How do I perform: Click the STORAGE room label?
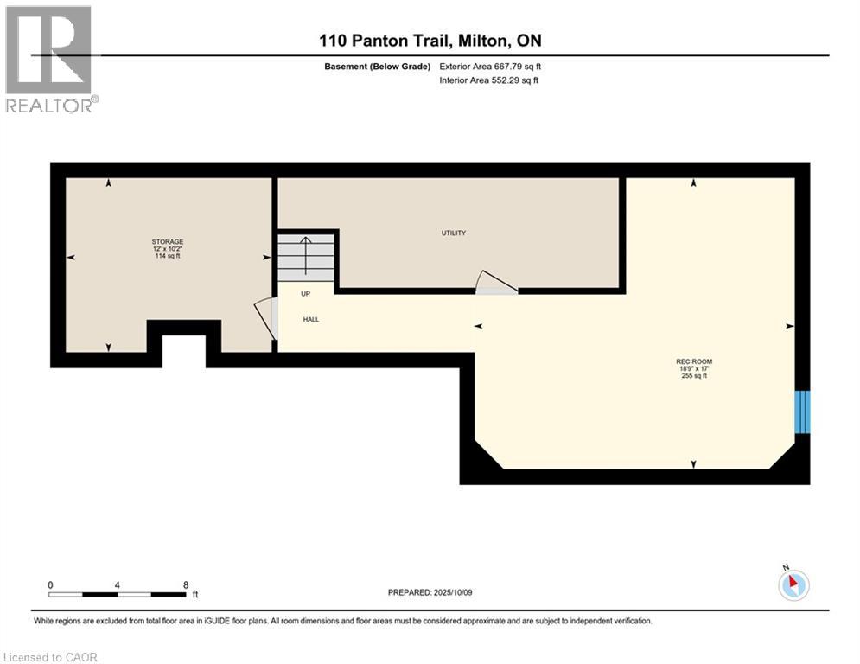point(168,241)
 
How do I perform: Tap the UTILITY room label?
point(454,233)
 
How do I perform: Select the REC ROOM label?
point(694,361)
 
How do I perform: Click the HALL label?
point(311,319)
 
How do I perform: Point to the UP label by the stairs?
point(305,293)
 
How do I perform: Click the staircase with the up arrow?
point(305,257)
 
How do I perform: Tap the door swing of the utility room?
point(495,283)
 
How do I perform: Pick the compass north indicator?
point(793,584)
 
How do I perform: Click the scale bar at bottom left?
point(118,595)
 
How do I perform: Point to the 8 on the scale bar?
point(186,584)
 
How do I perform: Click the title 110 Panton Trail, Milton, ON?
point(430,41)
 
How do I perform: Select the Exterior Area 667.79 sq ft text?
point(490,66)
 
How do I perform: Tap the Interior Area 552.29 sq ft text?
point(490,80)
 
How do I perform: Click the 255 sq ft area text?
point(694,376)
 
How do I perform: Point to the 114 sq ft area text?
point(168,257)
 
